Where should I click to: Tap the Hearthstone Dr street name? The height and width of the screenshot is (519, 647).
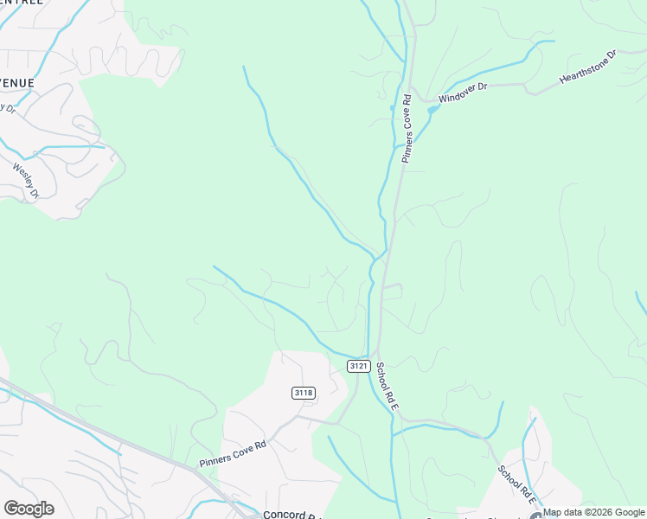(x=587, y=67)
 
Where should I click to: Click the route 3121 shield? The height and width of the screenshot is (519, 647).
(x=360, y=367)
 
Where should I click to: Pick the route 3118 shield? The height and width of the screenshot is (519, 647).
(x=303, y=393)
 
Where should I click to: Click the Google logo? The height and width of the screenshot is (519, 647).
(x=29, y=509)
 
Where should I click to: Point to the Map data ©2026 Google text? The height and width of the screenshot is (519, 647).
(x=594, y=513)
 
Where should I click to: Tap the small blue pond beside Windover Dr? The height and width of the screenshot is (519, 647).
(x=432, y=110)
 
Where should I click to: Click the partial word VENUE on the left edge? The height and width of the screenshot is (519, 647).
(x=17, y=83)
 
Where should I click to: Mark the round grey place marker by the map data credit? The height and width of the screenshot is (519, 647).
(x=536, y=516)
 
